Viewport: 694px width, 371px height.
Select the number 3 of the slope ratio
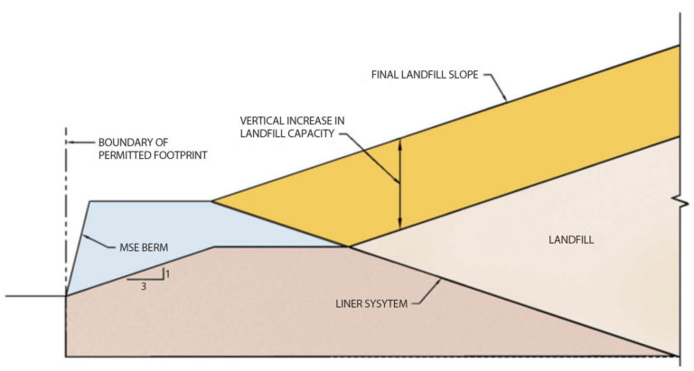pyautogui.click(x=144, y=286)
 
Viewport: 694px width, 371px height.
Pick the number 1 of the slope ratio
pyautogui.click(x=167, y=272)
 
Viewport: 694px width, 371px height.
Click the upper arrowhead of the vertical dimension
pyautogui.click(x=399, y=142)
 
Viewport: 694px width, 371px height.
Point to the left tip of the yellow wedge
pyautogui.click(x=213, y=201)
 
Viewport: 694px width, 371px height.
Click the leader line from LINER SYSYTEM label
pyautogui.click(x=427, y=292)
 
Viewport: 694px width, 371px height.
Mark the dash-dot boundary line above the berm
pyautogui.click(x=66, y=181)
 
